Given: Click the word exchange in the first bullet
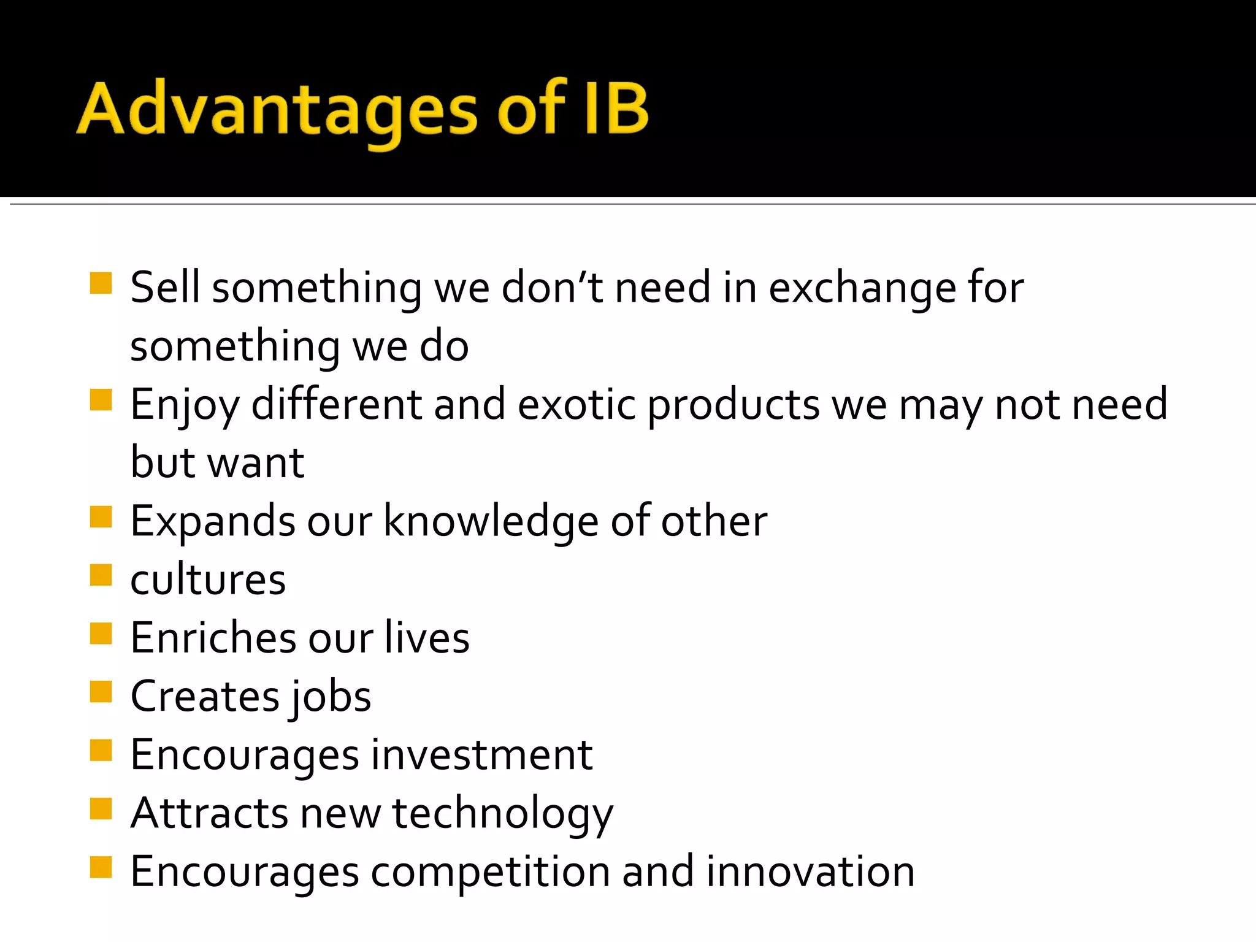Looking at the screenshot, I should click(862, 288).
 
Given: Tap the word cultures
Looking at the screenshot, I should click(208, 580).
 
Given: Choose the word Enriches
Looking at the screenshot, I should click(213, 638).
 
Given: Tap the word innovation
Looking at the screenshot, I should click(810, 871).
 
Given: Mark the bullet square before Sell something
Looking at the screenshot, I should click(101, 283).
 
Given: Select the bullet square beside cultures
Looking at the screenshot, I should click(101, 575).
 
